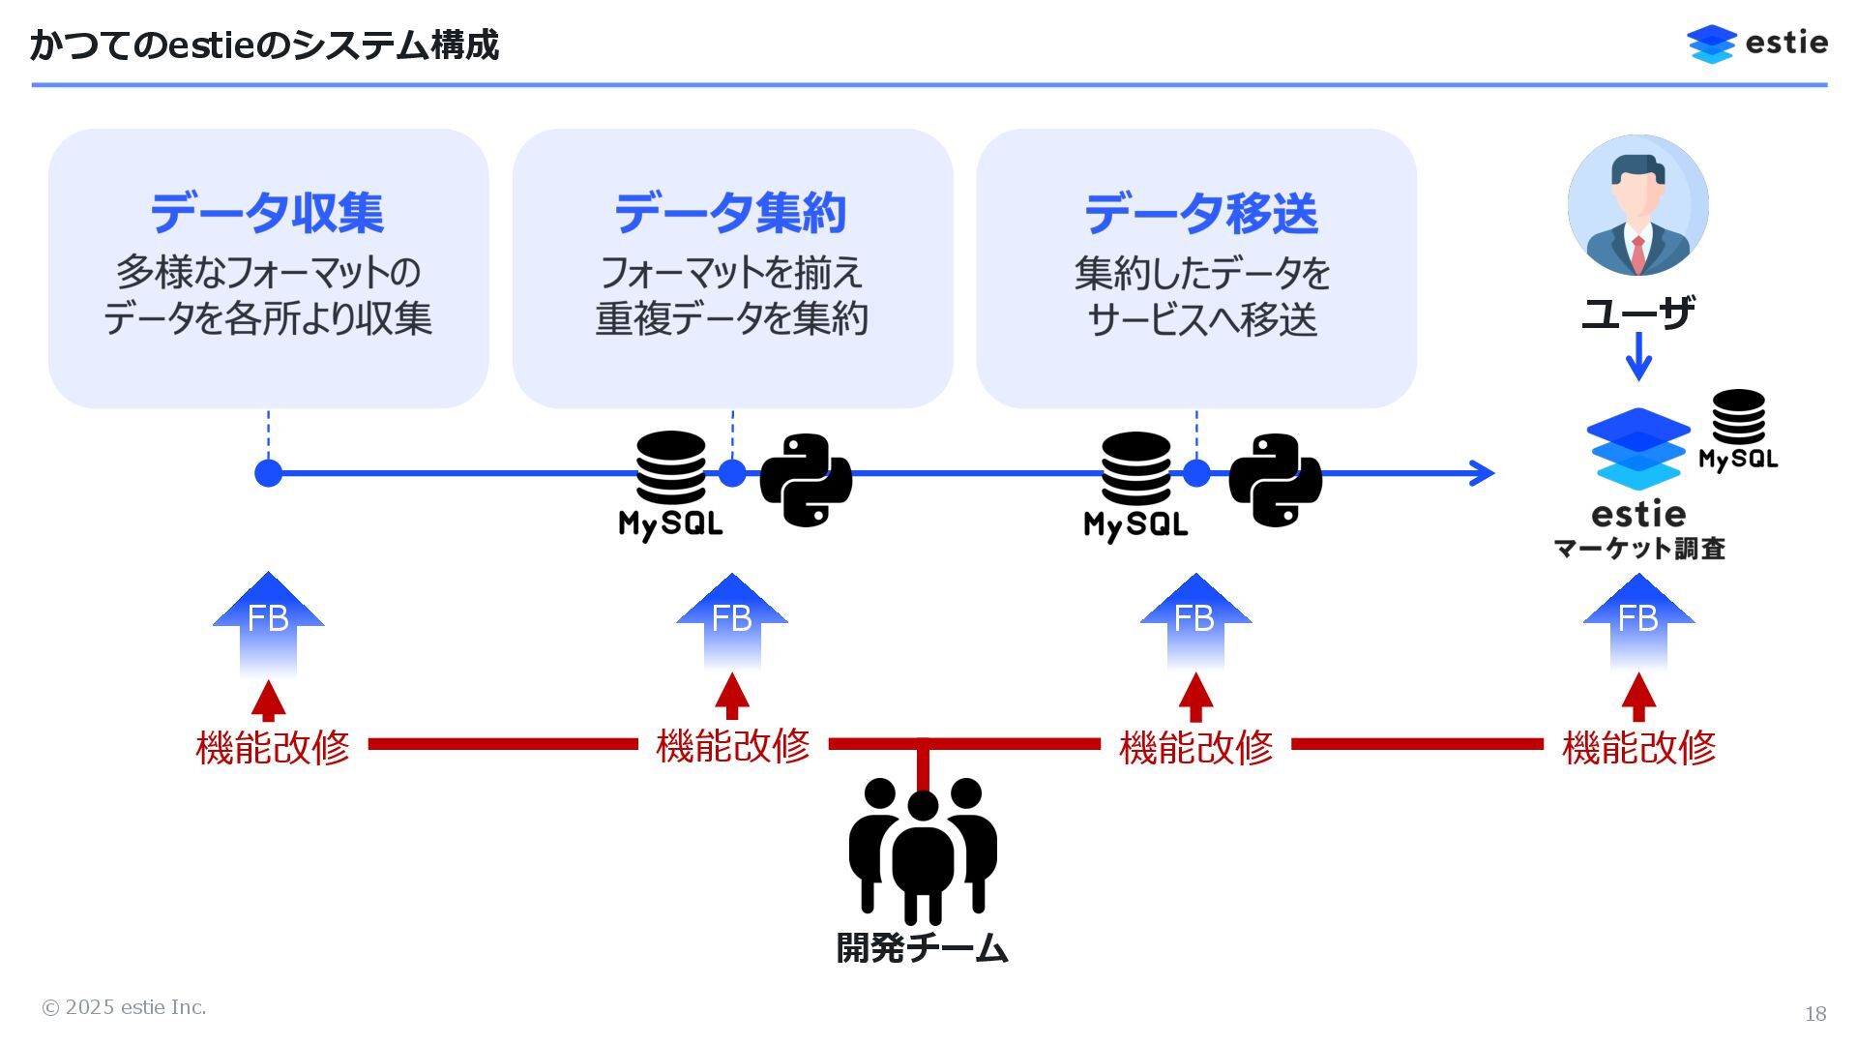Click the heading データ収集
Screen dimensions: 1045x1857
pos(267,213)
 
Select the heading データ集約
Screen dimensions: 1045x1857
pos(731,213)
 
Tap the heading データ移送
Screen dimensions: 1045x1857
pos(1200,213)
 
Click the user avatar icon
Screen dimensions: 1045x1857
pos(1637,205)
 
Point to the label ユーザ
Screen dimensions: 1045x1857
pos(1637,313)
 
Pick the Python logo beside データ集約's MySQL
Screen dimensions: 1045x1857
pos(806,480)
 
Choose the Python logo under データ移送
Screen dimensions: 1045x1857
pos(1275,480)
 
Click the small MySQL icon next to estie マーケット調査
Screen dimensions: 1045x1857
pos(1738,430)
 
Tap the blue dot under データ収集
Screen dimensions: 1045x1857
pos(268,473)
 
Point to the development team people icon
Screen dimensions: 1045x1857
pos(923,850)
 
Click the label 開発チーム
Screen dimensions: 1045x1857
pos(922,947)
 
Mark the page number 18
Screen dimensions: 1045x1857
pos(1814,1013)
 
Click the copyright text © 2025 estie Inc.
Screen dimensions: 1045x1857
pos(124,1007)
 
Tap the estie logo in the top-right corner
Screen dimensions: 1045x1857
pos(1756,44)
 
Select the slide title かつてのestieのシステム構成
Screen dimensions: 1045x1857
pos(264,45)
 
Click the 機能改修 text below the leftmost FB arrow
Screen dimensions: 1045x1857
pos(272,747)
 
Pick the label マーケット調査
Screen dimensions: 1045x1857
pos(1639,549)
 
